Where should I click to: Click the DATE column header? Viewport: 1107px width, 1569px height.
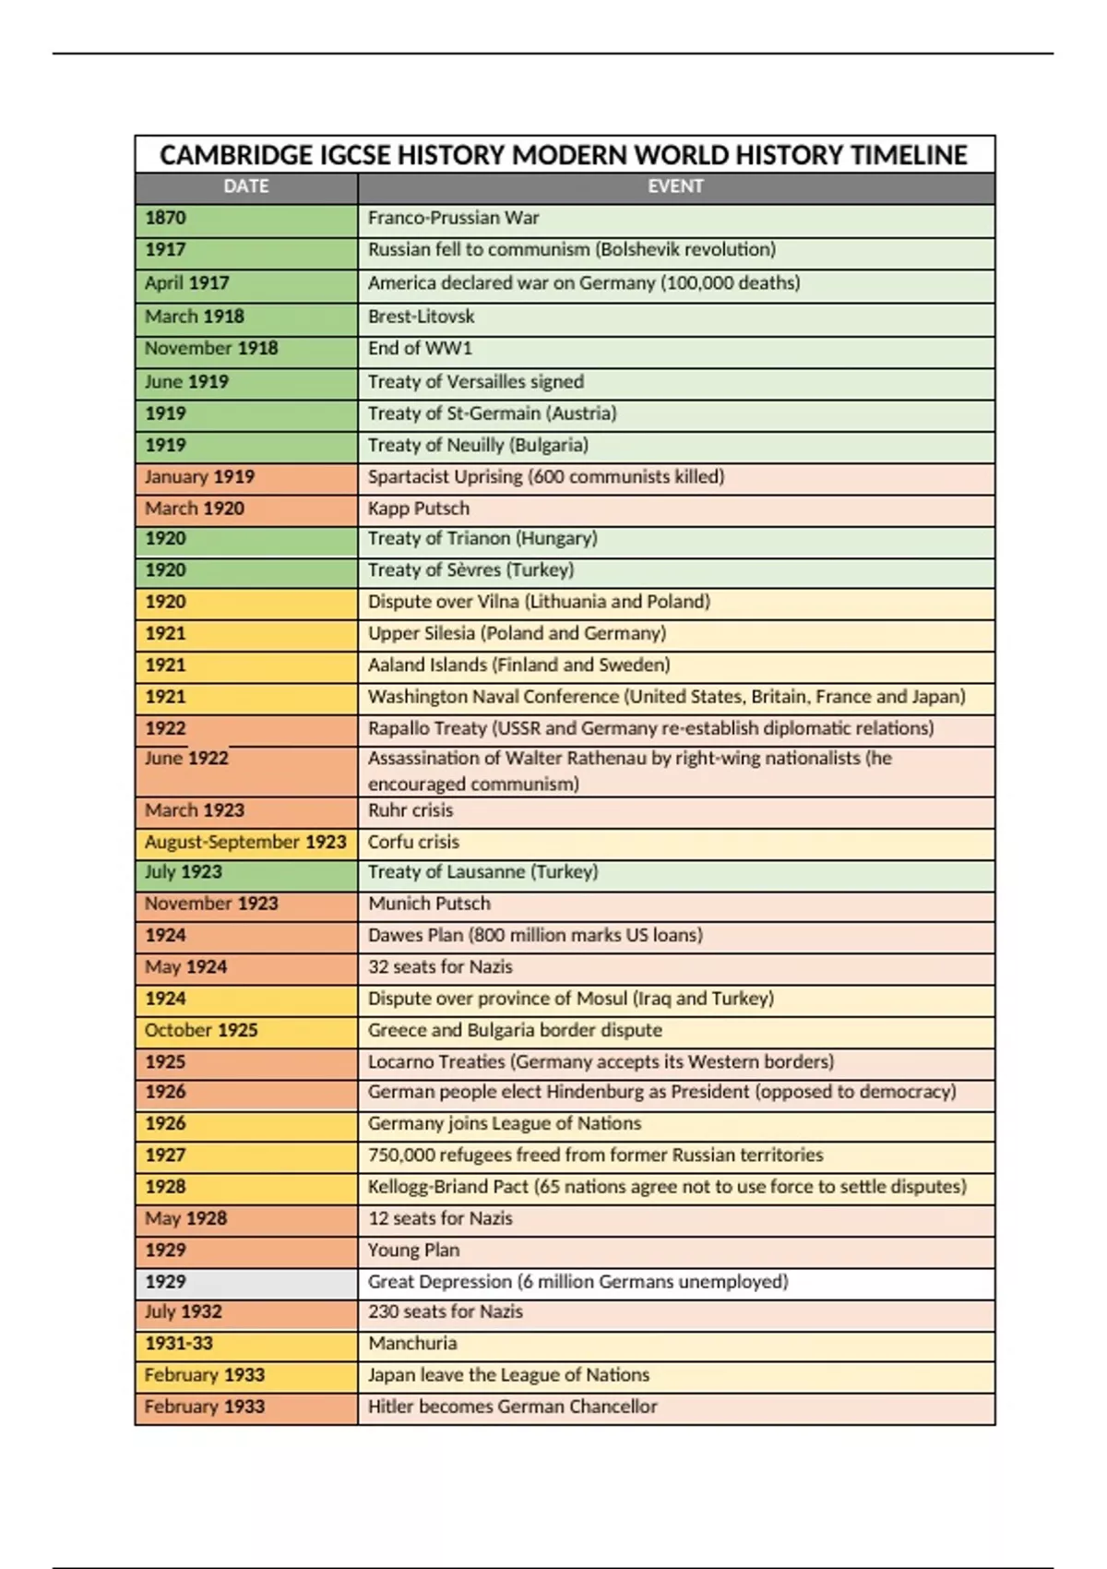pos(245,186)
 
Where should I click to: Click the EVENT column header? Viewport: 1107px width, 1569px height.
pos(675,186)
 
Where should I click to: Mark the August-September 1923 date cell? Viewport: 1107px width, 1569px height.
pos(245,843)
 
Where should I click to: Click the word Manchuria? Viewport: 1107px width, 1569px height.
pos(412,1344)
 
